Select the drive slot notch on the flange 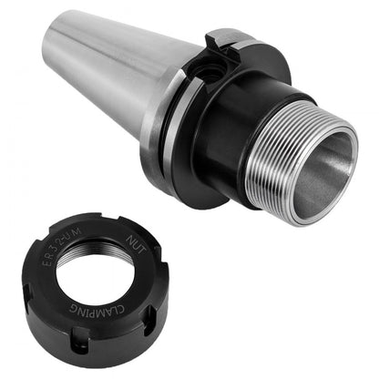[221, 40]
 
